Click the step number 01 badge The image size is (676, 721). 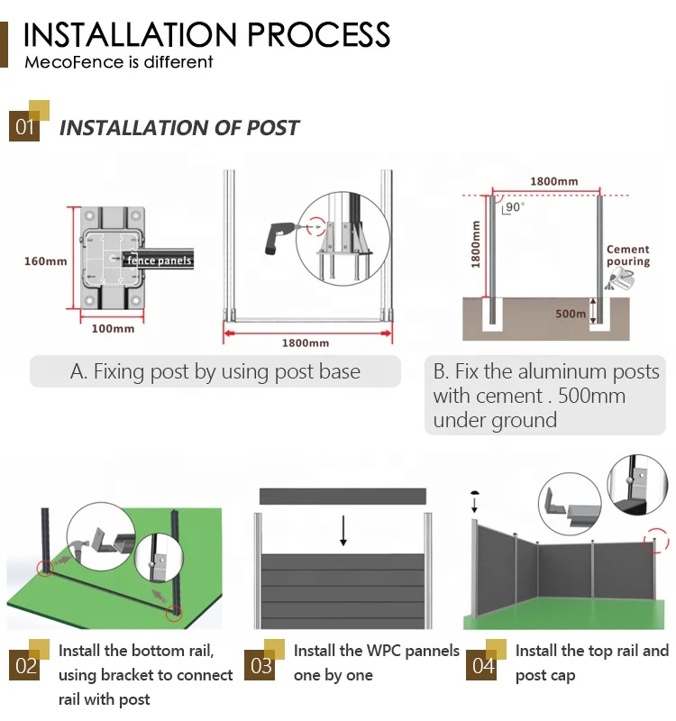(25, 126)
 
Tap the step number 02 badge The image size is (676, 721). (25, 666)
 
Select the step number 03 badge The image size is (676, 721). (261, 666)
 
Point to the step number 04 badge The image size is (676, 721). (483, 666)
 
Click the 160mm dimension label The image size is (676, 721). (45, 261)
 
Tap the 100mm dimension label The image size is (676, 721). (113, 328)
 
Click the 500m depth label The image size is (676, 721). (570, 315)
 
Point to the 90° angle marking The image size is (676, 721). (513, 207)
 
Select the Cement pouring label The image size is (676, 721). (628, 256)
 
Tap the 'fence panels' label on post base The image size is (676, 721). (160, 260)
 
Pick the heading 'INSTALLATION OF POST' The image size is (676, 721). (178, 127)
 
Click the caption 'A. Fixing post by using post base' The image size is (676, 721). (215, 371)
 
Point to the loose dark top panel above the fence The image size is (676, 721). (342, 496)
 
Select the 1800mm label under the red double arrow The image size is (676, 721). (306, 343)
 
